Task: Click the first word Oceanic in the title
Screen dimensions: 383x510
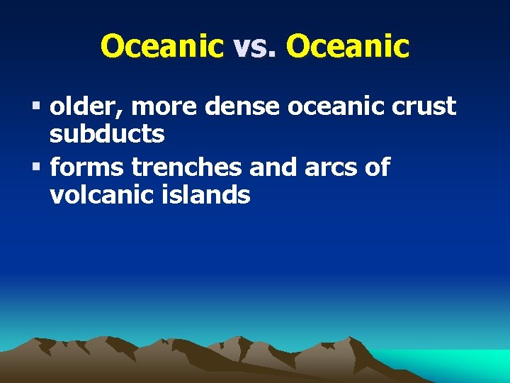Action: pyautogui.click(x=162, y=47)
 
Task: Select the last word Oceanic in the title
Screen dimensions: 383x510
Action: pyautogui.click(x=348, y=47)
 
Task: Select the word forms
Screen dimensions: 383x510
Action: pyautogui.click(x=86, y=167)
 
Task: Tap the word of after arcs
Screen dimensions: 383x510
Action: pyautogui.click(x=375, y=167)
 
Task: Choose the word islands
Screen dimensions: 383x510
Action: pyautogui.click(x=214, y=194)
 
